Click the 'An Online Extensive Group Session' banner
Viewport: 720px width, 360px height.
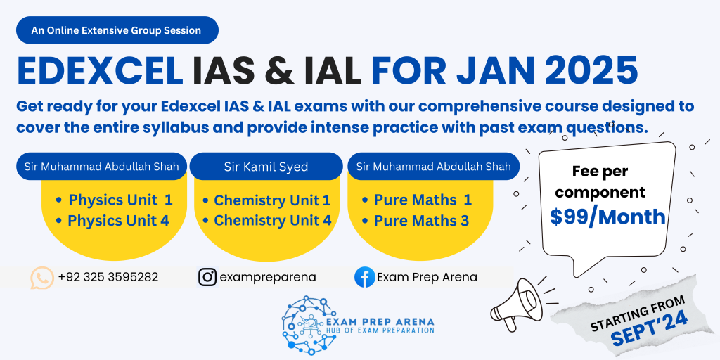pyautogui.click(x=117, y=30)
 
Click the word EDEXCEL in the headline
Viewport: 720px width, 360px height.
pyautogui.click(x=100, y=71)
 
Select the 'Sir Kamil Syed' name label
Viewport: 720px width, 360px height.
pyautogui.click(x=266, y=166)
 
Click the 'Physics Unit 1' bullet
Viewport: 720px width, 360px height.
pyautogui.click(x=114, y=200)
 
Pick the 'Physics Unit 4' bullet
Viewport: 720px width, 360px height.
pyautogui.click(x=112, y=221)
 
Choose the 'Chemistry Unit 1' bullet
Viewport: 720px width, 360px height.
pyautogui.click(x=266, y=200)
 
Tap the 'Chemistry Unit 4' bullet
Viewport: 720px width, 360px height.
pyautogui.click(x=266, y=221)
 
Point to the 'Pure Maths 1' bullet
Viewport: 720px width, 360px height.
pyautogui.click(x=416, y=200)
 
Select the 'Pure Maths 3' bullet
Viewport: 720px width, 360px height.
pyautogui.click(x=415, y=221)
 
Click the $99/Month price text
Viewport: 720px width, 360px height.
pyautogui.click(x=608, y=217)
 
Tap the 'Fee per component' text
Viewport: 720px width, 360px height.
pyautogui.click(x=600, y=182)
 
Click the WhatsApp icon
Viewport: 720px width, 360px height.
pyautogui.click(x=42, y=278)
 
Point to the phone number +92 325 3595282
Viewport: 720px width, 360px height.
pyautogui.click(x=108, y=277)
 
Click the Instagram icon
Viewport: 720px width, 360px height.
pyautogui.click(x=207, y=277)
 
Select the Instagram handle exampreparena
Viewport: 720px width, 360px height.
pyautogui.click(x=268, y=278)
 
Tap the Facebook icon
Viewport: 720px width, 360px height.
pyautogui.click(x=365, y=277)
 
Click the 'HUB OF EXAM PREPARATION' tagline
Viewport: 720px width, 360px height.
pyautogui.click(x=380, y=330)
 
